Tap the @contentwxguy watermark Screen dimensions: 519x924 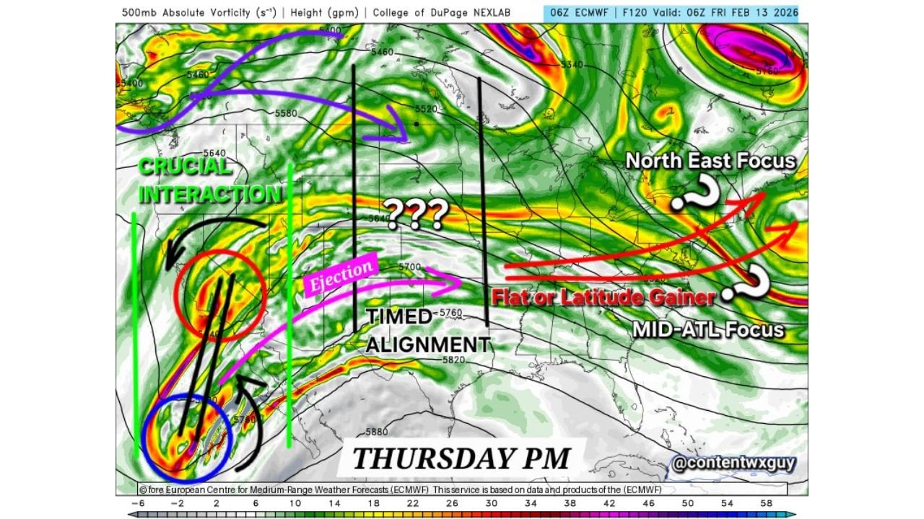coord(733,463)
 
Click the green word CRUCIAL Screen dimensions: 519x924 coord(185,167)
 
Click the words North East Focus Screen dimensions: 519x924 coord(710,161)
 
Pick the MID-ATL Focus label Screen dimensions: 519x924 coord(707,330)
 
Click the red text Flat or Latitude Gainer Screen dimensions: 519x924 coord(603,296)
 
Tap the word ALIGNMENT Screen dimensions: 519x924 coord(428,345)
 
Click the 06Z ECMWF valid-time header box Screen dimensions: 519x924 coord(671,12)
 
